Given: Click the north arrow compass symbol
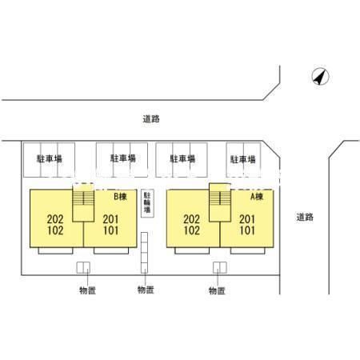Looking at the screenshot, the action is pos(320,77).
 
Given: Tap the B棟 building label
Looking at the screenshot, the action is pos(120,197).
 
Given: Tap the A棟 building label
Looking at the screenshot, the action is pos(257,197).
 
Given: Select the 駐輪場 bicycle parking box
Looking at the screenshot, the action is pos(147,203).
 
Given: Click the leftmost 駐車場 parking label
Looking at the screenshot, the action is pos(50,159).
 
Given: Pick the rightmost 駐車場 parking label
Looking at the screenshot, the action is pos(243,159).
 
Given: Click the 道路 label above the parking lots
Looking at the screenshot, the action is pos(151,119).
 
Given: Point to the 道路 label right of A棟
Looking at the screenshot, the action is pos(305,217).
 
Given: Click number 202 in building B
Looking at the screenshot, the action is pos(55,219).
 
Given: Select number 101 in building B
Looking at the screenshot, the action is pos(111,230).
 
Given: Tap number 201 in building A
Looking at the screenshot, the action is pos(247,219).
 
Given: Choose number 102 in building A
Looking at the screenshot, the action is pos(192,230).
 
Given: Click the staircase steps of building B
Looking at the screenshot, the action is pos(83,198).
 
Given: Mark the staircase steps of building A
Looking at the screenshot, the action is pos(220,198).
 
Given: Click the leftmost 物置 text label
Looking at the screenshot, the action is pos(87,290).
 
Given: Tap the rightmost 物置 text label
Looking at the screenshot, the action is pos(217,290).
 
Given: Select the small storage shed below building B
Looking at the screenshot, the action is pos(83,267).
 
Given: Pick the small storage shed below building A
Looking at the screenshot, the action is pos(220,267).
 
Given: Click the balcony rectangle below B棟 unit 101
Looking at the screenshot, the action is pos(111,250).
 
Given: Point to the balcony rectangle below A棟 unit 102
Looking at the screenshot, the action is pos(192,250).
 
